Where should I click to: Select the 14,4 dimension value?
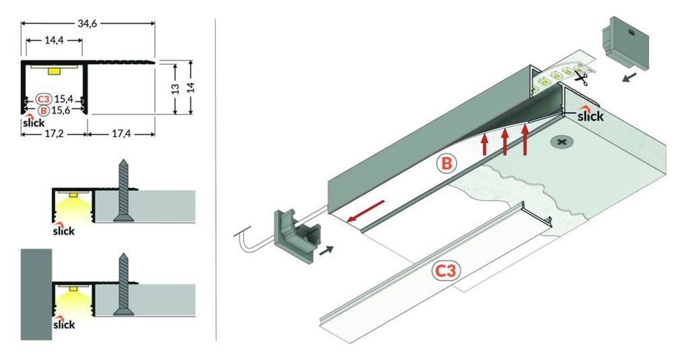(x=54, y=41)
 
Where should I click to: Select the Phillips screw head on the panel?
(x=560, y=142)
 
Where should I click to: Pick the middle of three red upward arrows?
(x=504, y=142)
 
